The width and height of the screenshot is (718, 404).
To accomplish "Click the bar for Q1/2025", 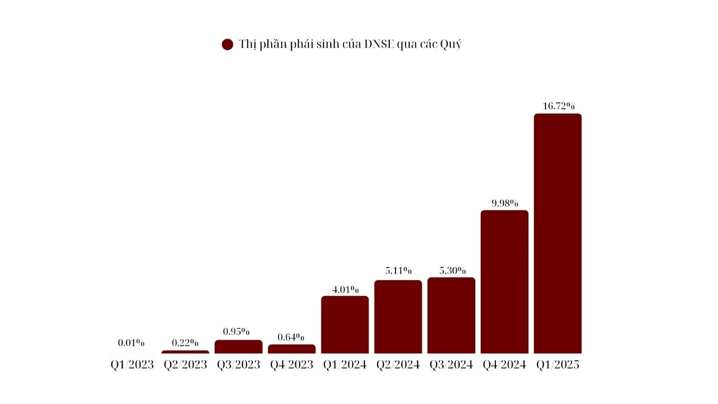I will pos(558,233).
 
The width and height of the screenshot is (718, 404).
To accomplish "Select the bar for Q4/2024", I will pos(504,282).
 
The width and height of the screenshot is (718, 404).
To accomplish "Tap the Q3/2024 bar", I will pos(451,315).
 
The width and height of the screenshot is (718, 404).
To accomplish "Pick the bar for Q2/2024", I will pos(398,317).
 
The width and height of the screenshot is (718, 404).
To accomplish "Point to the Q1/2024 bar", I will pos(345,325).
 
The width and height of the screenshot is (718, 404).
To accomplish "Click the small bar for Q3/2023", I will pos(238,347).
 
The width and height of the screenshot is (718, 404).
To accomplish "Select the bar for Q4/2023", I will pos(292,349).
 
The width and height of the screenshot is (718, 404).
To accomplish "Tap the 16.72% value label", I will pos(559,106).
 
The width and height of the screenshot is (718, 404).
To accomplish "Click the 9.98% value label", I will pos(505,203).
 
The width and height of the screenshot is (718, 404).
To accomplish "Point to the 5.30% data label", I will pos(452,271).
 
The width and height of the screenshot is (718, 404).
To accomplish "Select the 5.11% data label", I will pos(399,271).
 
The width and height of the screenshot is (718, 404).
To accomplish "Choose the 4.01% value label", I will pos(345,289).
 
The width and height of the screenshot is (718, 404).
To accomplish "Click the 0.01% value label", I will pos(131,343).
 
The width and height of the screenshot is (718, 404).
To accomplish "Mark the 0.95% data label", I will pos(236,331).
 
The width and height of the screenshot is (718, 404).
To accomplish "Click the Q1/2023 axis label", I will pos(132,365).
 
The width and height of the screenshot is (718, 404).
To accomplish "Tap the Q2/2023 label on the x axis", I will pos(185,365).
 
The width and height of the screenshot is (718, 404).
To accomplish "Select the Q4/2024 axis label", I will pos(504,365).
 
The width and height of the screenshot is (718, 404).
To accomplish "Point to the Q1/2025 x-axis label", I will pos(558,365).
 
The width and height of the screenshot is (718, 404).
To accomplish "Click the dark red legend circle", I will pos(228,44).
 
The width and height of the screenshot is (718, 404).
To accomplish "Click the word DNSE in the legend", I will pos(379,44).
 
